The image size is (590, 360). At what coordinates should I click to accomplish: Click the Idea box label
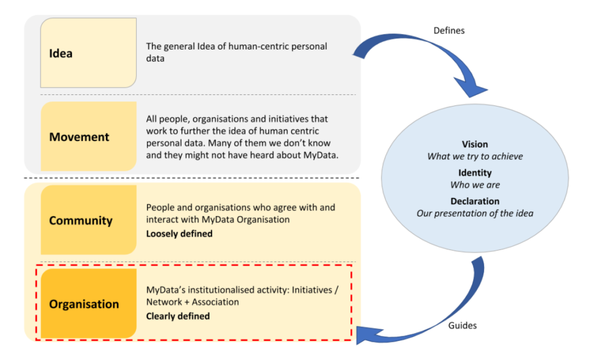point(60,54)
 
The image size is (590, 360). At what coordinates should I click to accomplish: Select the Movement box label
point(79,137)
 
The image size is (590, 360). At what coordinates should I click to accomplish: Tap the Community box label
point(81,221)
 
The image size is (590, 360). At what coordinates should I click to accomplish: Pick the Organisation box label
point(84,304)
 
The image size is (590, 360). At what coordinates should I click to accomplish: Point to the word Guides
point(462,325)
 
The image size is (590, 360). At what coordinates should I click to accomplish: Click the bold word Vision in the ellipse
point(475,145)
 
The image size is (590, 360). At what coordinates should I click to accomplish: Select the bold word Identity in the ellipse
point(475,173)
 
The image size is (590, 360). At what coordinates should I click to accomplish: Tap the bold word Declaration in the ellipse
point(475,202)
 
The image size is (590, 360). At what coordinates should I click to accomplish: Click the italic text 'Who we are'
point(475,185)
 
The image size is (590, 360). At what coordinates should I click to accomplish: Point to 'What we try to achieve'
point(475,156)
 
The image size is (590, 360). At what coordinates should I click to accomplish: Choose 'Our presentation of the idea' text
point(475,214)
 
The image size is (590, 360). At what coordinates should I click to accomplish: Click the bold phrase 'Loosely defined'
point(179,234)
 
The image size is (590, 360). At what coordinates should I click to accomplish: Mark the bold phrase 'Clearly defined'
point(177,316)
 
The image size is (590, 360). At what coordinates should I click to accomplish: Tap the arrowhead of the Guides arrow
point(364,333)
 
